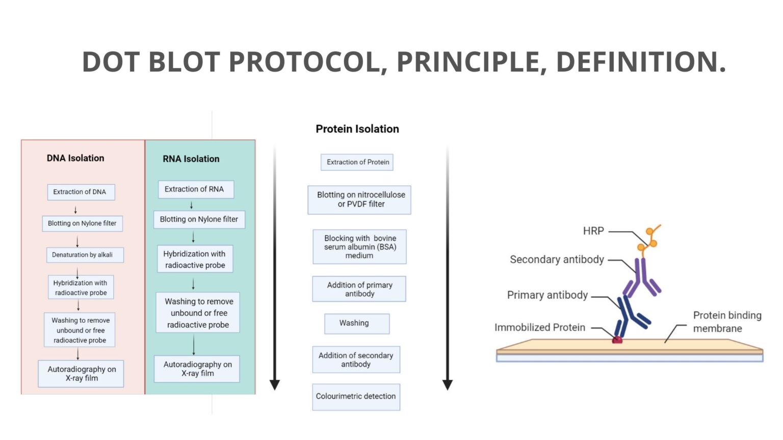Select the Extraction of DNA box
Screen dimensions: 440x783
pos(80,192)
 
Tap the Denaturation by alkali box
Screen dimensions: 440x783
pos(83,255)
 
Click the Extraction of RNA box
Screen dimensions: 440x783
pos(195,189)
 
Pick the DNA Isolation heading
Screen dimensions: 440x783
pos(75,158)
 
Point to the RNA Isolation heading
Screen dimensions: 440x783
pos(191,159)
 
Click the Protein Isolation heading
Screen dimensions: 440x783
pos(357,129)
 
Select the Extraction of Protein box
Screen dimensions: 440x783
pos(357,162)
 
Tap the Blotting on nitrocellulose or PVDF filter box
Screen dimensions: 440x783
pos(360,199)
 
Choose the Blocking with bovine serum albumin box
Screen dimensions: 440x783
pos(360,246)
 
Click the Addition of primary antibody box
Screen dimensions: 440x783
pos(359,289)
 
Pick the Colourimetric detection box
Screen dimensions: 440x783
pos(356,396)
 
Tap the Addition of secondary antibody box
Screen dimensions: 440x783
pos(356,360)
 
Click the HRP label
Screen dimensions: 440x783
pos(593,231)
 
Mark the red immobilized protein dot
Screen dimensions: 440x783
pos(617,340)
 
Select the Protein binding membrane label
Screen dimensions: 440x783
pos(726,322)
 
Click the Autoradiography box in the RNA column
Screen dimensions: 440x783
pos(197,369)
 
